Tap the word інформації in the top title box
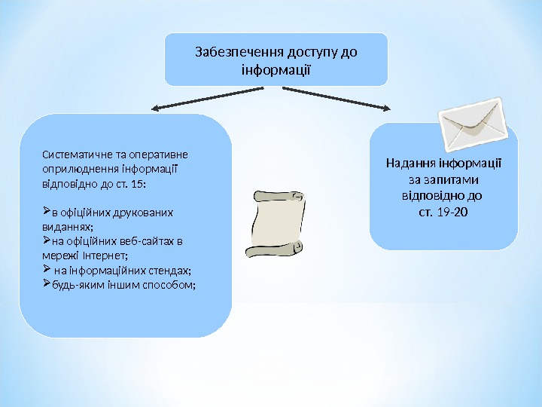coord(276,70)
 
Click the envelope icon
coord(472,124)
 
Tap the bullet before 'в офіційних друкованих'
coord(46,212)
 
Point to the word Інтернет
coord(114,256)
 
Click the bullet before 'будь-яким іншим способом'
coord(46,284)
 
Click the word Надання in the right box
coord(411,163)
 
